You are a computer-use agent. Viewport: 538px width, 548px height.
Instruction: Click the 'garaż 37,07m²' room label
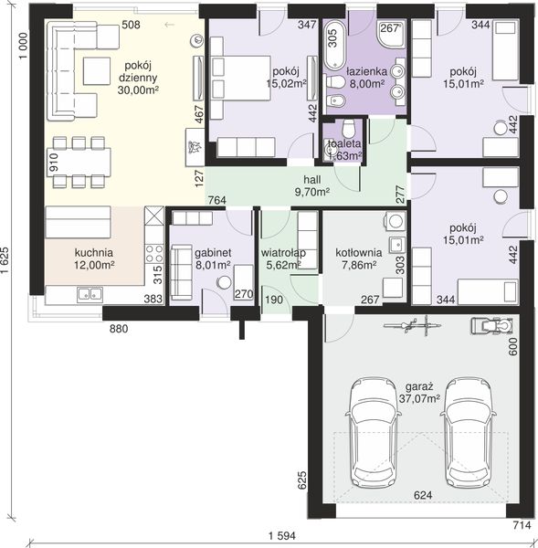pos(419,393)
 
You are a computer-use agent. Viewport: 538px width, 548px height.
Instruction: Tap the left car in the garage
pos(374,433)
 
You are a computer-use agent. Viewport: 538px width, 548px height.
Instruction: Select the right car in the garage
pos(468,433)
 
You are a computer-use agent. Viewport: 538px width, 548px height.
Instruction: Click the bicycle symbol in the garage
pos(413,326)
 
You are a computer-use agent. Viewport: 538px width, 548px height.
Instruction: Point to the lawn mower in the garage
pos(491,326)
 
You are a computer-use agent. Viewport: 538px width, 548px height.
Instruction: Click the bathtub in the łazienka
pos(335,45)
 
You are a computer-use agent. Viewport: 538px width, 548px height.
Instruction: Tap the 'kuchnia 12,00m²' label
pos(94,258)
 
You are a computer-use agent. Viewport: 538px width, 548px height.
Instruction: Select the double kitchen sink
pos(90,294)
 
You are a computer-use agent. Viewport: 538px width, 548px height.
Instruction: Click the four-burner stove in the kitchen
pos(154,253)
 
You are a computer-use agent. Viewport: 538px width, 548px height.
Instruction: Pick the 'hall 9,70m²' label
pos(312,185)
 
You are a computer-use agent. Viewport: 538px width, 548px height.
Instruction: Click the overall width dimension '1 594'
pos(281,536)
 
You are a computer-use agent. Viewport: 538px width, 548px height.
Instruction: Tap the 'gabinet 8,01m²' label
pos(213,258)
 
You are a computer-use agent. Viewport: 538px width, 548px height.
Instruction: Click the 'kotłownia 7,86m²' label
pos(358,258)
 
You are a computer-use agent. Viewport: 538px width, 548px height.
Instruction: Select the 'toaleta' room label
pos(344,143)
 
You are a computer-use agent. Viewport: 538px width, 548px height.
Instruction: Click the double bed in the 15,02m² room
pos(240,78)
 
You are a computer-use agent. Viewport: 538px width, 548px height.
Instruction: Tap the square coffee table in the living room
pos(97,71)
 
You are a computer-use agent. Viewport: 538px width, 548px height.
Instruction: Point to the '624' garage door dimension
pos(423,495)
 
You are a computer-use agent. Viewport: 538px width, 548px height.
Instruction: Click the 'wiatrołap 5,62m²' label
pos(283,258)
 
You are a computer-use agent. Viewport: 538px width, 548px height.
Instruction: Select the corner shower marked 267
pos(392,35)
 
